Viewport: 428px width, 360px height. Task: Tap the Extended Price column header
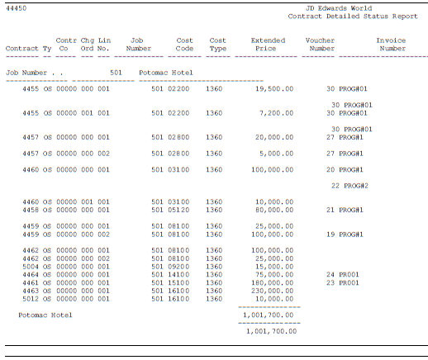click(x=268, y=45)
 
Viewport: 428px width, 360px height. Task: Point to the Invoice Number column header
click(x=390, y=45)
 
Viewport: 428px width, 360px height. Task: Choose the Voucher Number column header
click(x=320, y=45)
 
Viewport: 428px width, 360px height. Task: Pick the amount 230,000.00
click(x=273, y=290)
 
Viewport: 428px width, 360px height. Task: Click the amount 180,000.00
click(x=273, y=282)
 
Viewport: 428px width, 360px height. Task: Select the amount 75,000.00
click(x=274, y=274)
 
